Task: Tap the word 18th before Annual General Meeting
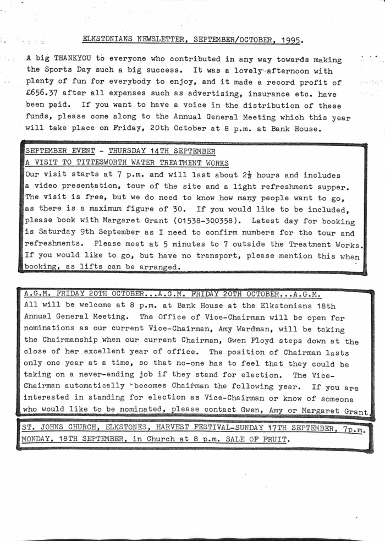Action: tap(326, 306)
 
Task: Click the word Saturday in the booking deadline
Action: tap(54, 233)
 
